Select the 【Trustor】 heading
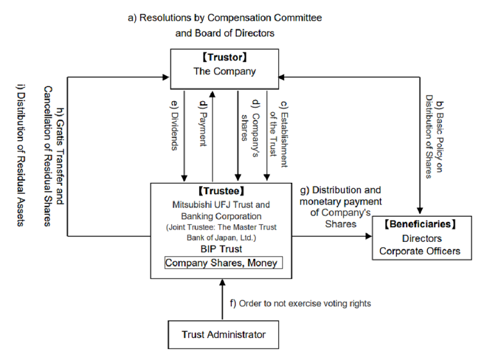pos(225,57)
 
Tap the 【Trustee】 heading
pos(221,191)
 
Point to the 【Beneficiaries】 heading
pos(420,224)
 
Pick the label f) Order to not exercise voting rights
pos(300,303)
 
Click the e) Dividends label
pos(175,125)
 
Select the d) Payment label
pos(203,123)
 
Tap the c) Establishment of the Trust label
pos(279,134)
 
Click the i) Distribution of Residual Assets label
pos(21,155)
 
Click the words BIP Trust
pos(221,249)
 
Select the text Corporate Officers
pos(419,251)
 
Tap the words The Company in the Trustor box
pos(225,71)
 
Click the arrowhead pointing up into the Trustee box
pos(222,282)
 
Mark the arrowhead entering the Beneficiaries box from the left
pos(369,236)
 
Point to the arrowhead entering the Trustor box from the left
pos(166,77)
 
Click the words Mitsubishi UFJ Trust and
pos(221,205)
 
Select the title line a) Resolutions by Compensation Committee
pos(225,18)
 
